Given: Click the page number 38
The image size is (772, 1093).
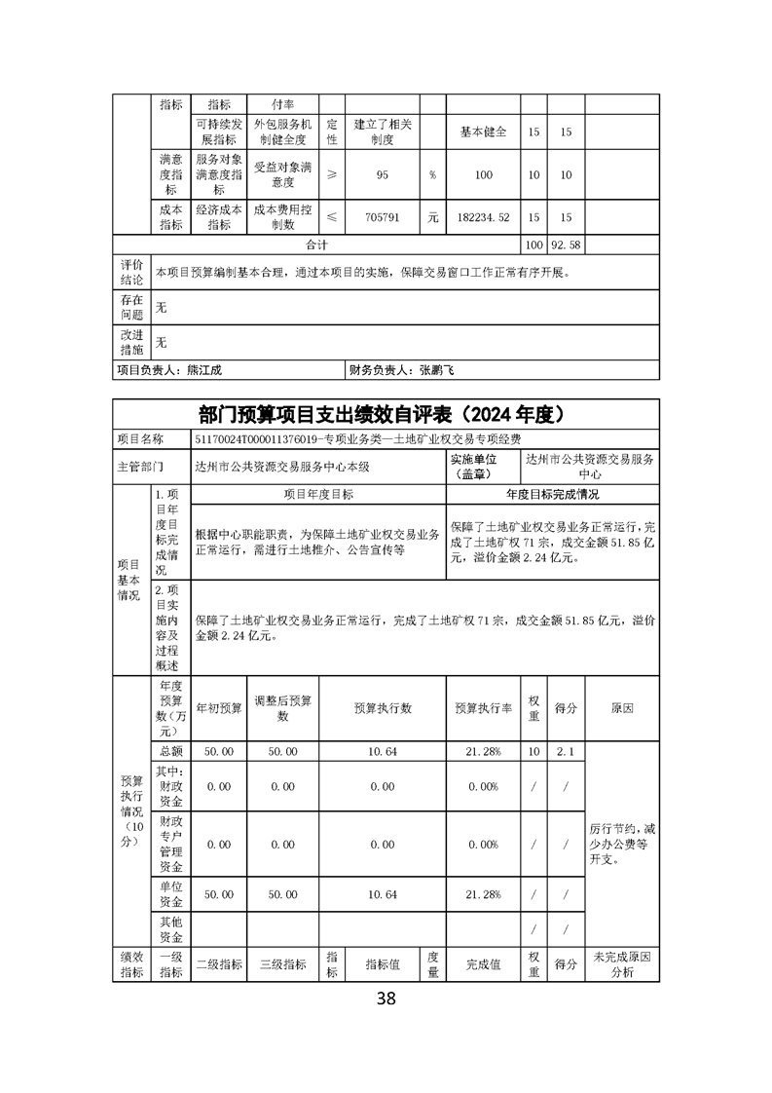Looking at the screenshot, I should [386, 998].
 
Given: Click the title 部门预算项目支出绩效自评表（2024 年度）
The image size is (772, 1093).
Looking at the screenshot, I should [386, 414].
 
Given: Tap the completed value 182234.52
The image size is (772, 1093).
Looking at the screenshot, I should [483, 218].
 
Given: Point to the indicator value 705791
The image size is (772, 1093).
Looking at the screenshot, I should [383, 218].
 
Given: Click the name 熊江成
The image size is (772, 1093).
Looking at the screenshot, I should [204, 370].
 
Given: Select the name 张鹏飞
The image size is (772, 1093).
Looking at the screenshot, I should [437, 370].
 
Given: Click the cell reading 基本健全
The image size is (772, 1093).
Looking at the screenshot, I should [483, 132].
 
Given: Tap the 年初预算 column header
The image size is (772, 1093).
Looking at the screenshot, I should [219, 708].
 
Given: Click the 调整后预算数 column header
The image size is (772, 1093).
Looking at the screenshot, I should [282, 708].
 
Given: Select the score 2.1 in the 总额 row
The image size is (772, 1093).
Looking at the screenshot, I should [566, 751].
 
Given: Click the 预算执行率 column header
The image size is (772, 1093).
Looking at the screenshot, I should [483, 708].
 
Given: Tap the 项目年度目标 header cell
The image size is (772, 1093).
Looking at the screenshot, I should [318, 494].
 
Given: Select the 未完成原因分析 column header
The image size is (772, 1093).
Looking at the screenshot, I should [623, 963].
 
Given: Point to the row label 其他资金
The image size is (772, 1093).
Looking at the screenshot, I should [170, 928].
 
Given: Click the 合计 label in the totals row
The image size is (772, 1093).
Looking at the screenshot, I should [317, 245].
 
